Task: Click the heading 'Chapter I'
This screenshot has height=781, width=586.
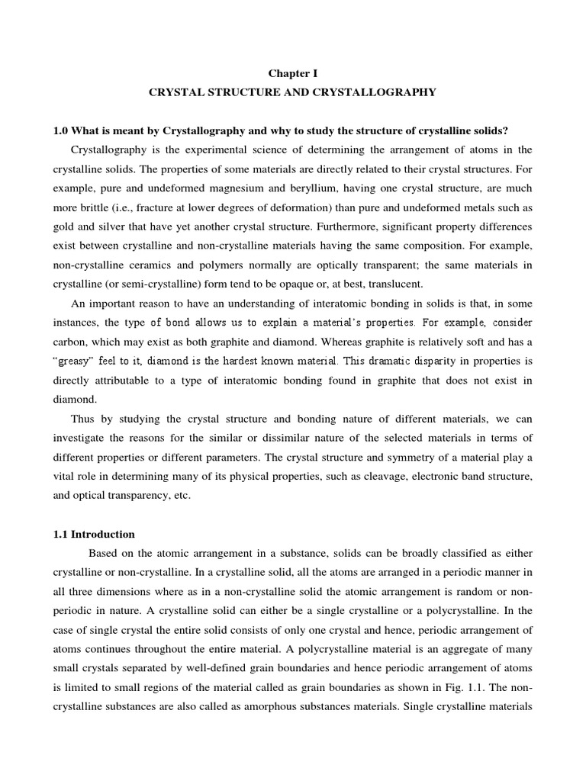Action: (293, 72)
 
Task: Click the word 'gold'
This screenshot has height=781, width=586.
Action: (66, 227)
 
